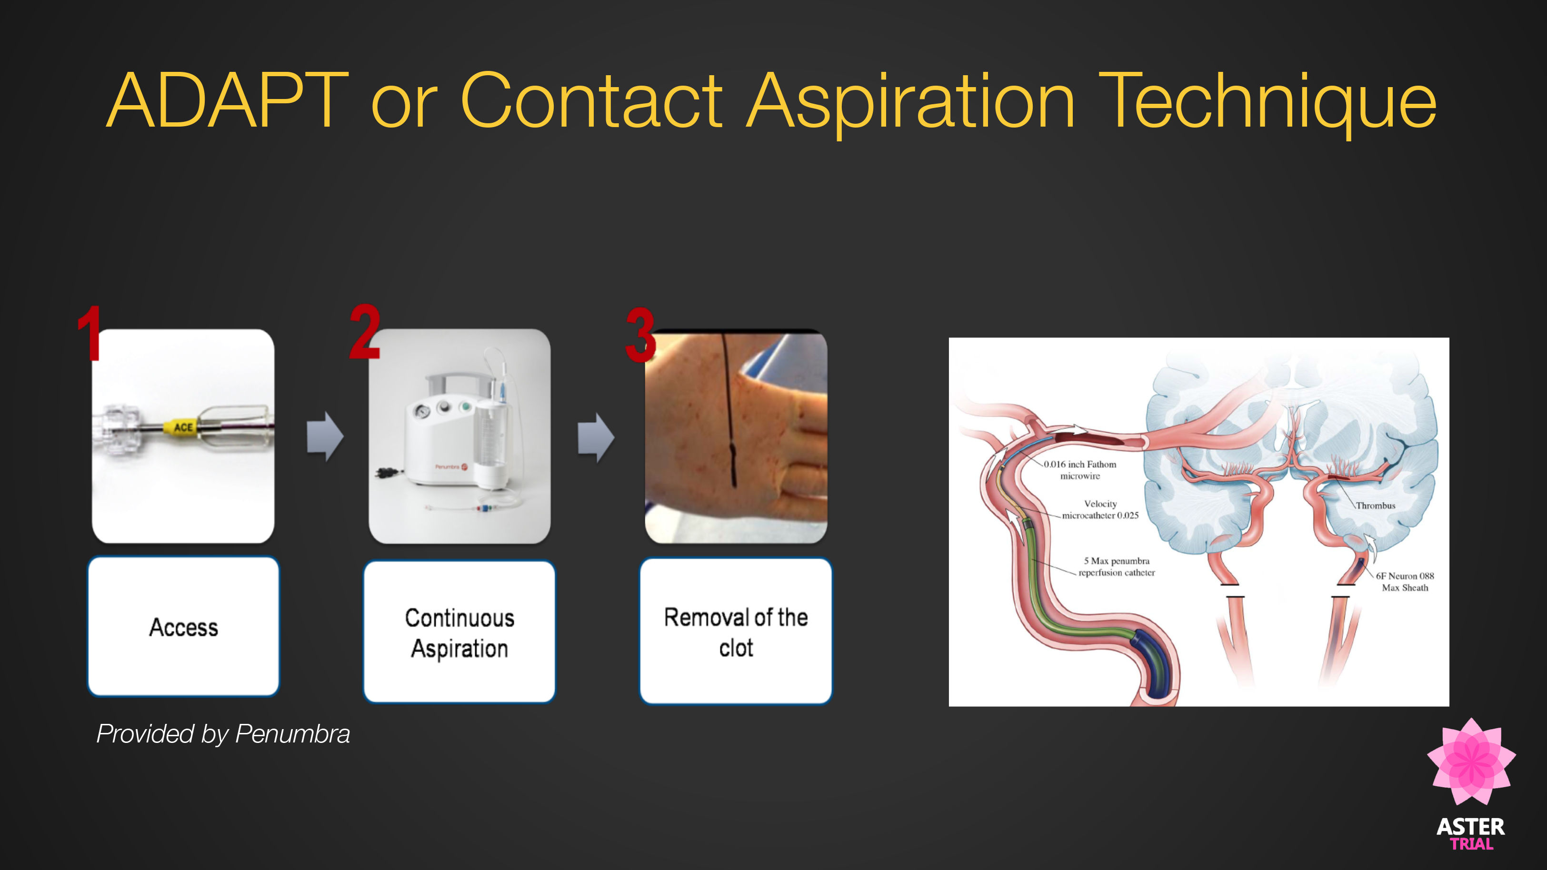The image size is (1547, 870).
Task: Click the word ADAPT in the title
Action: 228,100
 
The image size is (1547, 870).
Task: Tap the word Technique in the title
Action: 1268,105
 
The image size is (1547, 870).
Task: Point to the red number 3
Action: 640,335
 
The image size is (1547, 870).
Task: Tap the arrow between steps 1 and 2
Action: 325,436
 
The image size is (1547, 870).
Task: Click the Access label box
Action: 184,627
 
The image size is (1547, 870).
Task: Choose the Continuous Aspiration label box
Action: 459,632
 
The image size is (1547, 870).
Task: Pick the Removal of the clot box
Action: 736,631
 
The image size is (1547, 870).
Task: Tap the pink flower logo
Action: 1471,761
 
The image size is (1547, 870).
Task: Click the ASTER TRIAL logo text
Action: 1471,833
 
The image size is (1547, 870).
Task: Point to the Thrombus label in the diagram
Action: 1375,505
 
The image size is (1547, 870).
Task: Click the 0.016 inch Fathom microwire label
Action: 1080,470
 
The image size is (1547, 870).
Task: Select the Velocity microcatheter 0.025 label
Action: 1100,509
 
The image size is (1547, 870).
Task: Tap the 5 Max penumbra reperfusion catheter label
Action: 1117,566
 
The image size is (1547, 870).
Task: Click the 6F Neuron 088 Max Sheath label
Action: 1405,582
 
